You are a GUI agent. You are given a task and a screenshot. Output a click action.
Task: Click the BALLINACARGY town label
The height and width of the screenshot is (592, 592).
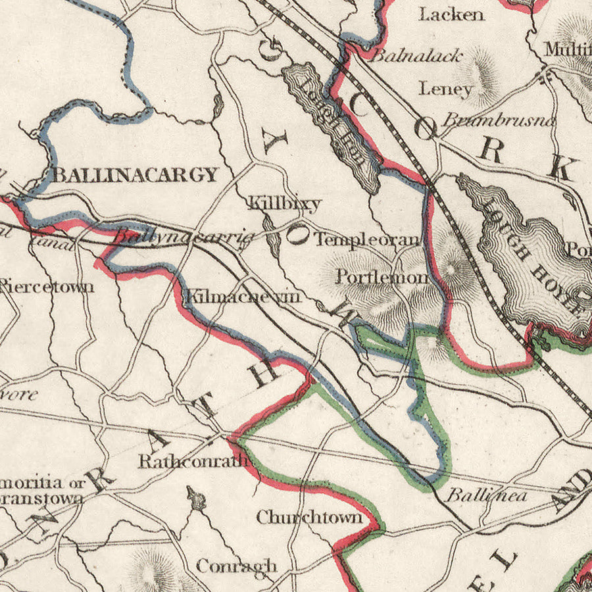(135, 174)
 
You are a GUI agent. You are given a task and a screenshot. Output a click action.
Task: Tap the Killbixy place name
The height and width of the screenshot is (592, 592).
(284, 203)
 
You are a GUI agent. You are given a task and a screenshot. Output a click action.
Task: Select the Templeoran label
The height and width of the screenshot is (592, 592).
(366, 240)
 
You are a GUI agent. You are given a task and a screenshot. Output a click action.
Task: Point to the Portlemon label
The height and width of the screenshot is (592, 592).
(382, 277)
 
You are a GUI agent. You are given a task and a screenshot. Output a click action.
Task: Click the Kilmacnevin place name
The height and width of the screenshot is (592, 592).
(243, 297)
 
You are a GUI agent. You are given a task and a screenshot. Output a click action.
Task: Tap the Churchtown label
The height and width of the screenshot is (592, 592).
(309, 518)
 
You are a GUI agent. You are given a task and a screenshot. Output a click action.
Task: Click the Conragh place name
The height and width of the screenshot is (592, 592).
(236, 566)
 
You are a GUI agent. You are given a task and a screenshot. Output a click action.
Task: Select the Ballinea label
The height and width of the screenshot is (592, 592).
(487, 496)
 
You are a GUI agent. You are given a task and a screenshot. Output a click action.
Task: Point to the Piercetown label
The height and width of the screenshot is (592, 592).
(46, 286)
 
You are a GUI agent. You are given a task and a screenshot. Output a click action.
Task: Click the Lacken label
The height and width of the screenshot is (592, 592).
(452, 14)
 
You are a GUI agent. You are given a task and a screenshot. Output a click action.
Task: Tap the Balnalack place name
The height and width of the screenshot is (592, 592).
(416, 56)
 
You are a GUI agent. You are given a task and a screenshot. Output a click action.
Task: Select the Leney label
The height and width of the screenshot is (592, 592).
(446, 89)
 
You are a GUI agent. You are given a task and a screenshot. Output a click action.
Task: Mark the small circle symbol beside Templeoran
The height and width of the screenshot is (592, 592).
(297, 235)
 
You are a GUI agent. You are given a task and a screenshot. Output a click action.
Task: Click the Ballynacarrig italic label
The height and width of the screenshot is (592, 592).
(184, 236)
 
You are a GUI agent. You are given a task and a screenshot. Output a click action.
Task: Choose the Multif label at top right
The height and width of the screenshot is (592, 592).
(568, 49)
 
